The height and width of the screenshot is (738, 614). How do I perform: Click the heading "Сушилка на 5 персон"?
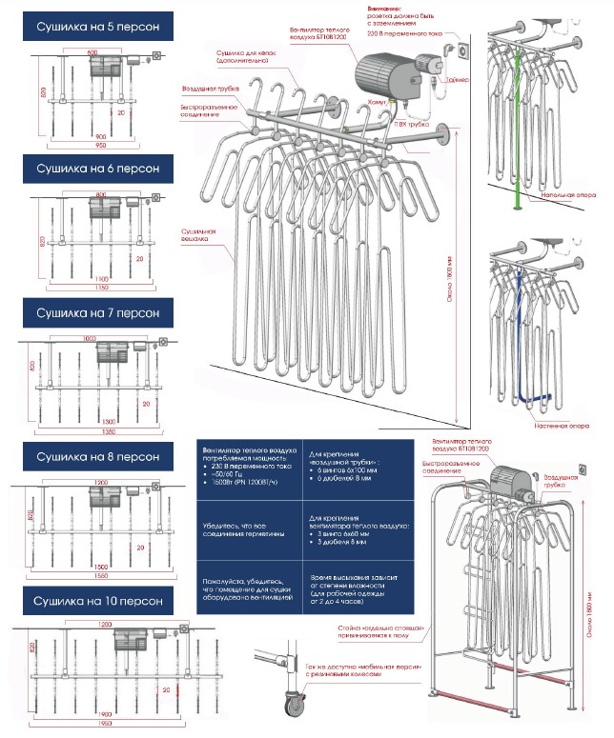tap(92, 27)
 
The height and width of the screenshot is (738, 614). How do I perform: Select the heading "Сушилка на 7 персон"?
tap(92, 312)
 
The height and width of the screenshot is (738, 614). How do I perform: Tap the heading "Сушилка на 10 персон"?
tap(92, 602)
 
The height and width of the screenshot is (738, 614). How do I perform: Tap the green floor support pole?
tap(515, 124)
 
